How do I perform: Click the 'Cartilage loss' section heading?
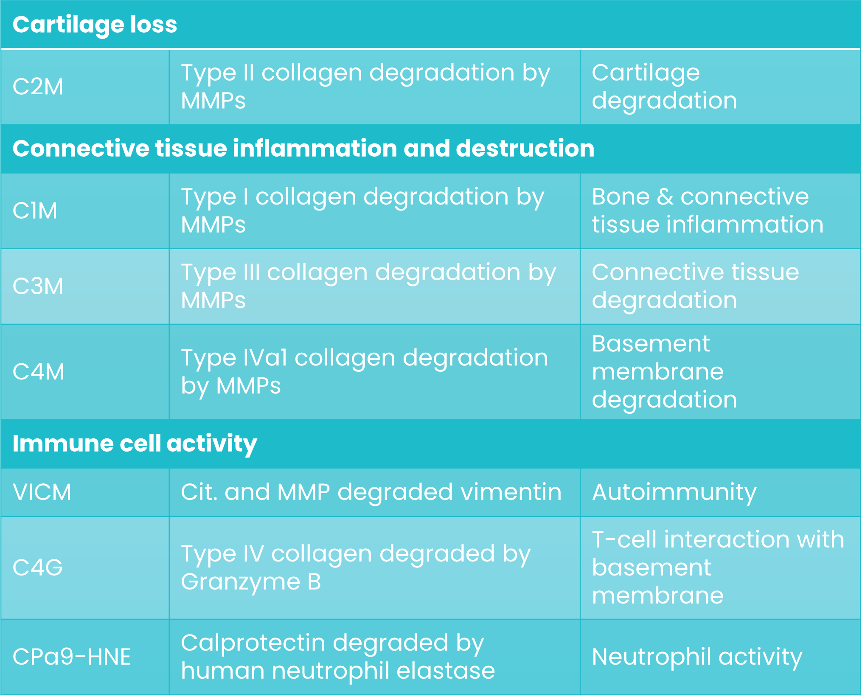click(x=95, y=25)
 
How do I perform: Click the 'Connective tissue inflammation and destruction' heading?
click(x=303, y=149)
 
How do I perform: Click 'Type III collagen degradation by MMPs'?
click(x=368, y=286)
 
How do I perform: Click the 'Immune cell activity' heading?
click(x=135, y=444)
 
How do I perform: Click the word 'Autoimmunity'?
click(x=674, y=492)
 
